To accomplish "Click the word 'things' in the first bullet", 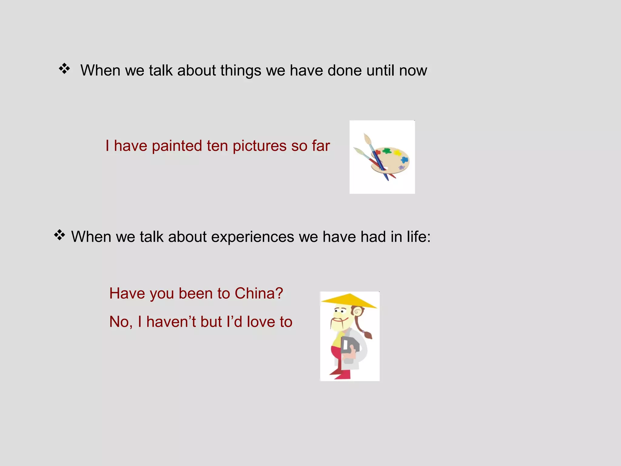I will pos(241,70).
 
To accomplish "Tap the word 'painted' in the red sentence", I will pos(177,146).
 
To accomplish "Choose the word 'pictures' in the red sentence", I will pos(260,146).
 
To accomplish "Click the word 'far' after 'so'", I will pos(321,146).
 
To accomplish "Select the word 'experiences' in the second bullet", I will pos(253,237).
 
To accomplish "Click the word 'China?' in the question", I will pos(259,293).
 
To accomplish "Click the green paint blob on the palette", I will pos(387,151).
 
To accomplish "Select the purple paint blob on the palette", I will pos(401,167).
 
